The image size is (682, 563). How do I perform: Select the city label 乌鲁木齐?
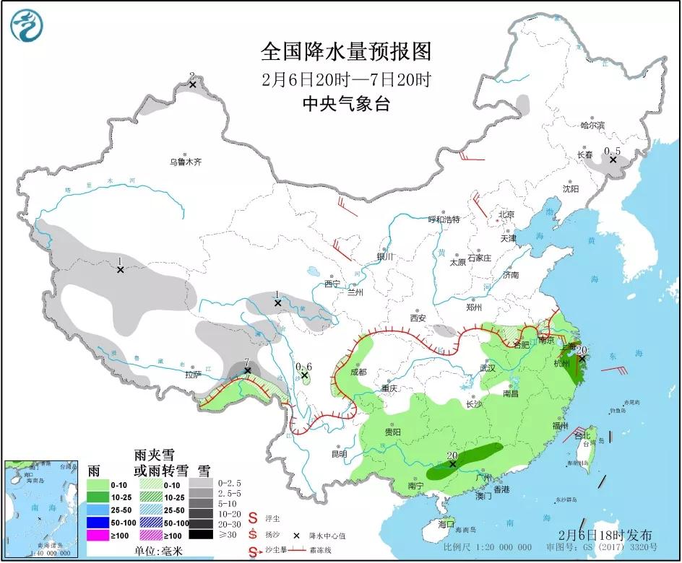[x=186, y=162]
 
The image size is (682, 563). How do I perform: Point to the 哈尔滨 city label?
[x=592, y=125]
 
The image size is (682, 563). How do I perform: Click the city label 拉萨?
[x=192, y=375]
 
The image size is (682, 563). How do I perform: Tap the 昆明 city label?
[x=339, y=454]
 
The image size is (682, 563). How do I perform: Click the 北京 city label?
[x=506, y=215]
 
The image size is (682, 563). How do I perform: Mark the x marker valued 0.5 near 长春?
[x=613, y=160]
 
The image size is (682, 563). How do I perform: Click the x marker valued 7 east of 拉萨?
[x=247, y=370]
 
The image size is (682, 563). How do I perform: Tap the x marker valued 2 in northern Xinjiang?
[x=193, y=84]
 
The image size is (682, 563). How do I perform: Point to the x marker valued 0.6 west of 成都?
[x=305, y=375]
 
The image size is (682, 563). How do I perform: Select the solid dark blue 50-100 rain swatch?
[x=100, y=523]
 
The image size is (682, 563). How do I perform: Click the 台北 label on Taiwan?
[x=582, y=436]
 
